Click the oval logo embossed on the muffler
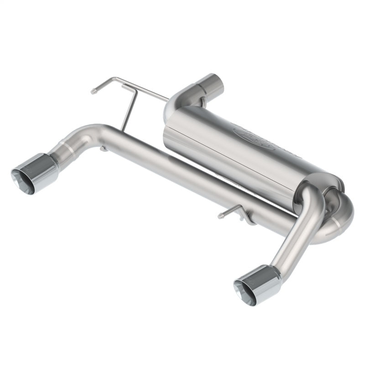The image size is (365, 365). point(254,138)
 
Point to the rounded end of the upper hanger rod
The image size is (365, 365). point(93,91)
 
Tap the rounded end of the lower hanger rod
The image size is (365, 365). point(220,215)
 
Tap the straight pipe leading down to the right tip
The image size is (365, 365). point(297,233)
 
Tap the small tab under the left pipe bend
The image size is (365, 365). point(104,148)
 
